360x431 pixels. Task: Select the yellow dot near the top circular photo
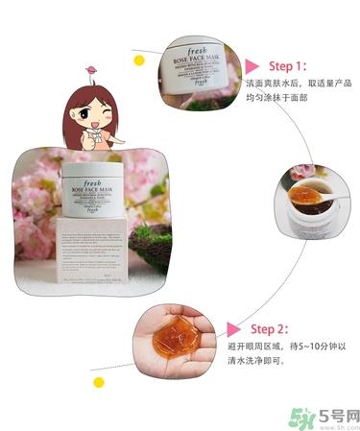(x=139, y=60)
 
